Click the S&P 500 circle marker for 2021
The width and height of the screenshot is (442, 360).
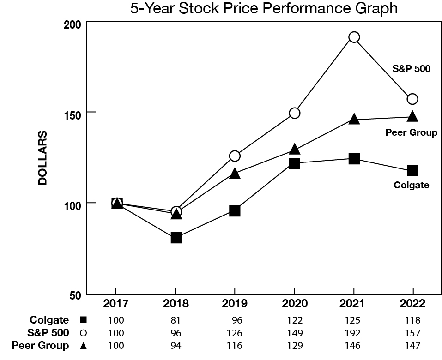click(354, 37)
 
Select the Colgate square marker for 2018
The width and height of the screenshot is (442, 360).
click(176, 238)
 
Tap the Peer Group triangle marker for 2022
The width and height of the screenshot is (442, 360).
click(412, 116)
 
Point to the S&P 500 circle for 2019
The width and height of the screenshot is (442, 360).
click(235, 156)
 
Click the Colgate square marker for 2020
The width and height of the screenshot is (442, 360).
click(294, 163)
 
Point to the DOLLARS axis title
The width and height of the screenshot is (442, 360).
click(42, 158)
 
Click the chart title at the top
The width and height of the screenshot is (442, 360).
click(264, 9)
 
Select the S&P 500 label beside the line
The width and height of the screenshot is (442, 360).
click(411, 69)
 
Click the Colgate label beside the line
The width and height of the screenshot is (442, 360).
click(411, 185)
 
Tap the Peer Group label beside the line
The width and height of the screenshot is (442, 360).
click(411, 133)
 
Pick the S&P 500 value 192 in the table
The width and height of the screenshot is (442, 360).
click(353, 333)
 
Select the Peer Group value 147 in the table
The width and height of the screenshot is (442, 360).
click(412, 345)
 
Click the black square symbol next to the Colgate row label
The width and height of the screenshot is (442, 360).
click(83, 320)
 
